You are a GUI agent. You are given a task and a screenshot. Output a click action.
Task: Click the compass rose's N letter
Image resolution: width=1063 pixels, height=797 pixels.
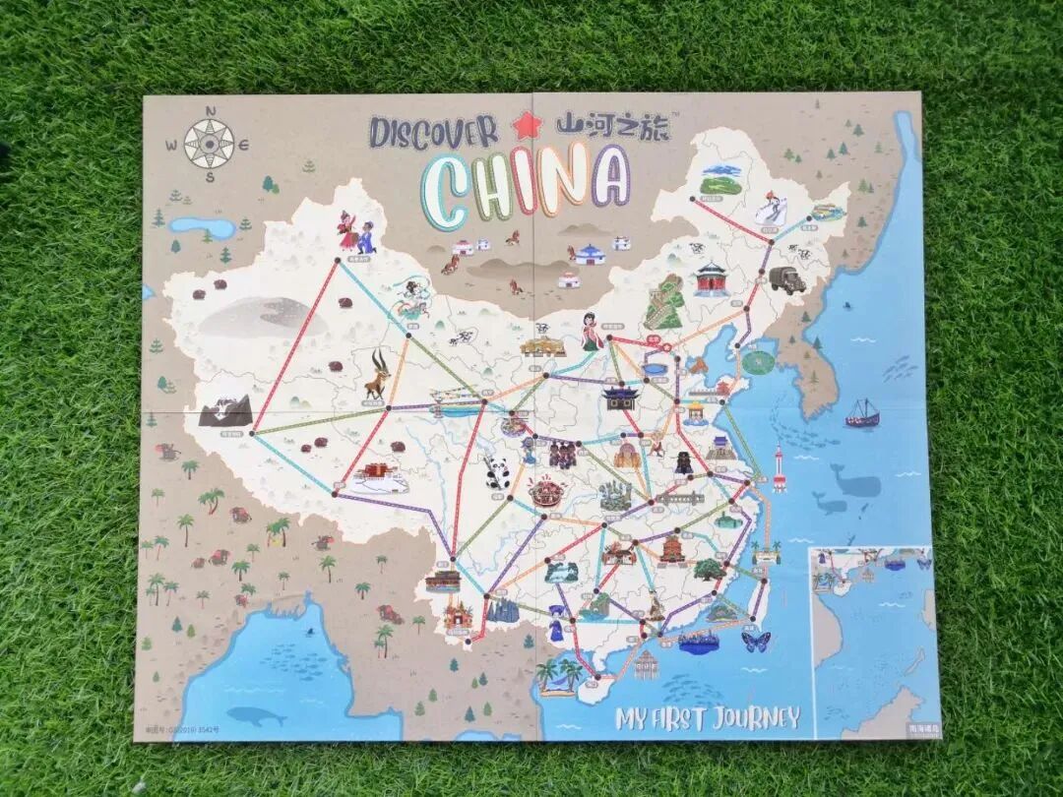210,111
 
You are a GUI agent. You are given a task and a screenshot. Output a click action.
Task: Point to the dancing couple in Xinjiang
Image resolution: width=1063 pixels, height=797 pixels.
356,234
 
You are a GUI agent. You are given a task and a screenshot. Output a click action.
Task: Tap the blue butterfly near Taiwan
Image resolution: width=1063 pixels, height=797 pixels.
756,642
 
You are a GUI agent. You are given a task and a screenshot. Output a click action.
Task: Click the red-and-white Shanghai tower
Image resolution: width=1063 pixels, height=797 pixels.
780,470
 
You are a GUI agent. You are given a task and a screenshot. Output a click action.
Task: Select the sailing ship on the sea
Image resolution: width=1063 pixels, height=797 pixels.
862,413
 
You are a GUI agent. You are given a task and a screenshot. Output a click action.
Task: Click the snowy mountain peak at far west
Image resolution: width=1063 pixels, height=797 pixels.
225,410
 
